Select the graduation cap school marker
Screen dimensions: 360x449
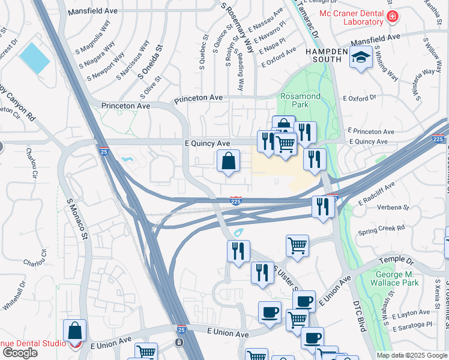click(360, 58)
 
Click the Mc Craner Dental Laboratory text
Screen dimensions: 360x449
click(351, 17)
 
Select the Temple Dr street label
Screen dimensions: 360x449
click(397, 262)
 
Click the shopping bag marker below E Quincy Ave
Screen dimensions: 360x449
click(228, 161)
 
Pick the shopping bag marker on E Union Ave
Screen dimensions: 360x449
click(74, 331)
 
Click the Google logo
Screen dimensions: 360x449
click(20, 353)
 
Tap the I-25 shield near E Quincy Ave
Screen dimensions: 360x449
click(104, 152)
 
